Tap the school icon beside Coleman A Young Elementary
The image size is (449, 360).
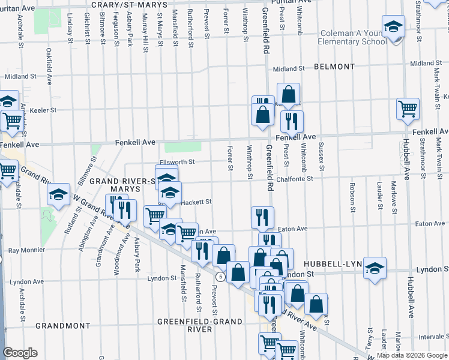point(394,28)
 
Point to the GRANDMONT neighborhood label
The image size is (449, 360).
point(63,326)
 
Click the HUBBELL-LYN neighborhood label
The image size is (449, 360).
point(329,264)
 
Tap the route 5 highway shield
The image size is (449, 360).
point(221,277)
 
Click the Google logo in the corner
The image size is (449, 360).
point(20,353)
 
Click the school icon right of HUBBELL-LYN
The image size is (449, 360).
point(375,267)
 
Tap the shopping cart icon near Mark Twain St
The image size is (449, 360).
point(408,109)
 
